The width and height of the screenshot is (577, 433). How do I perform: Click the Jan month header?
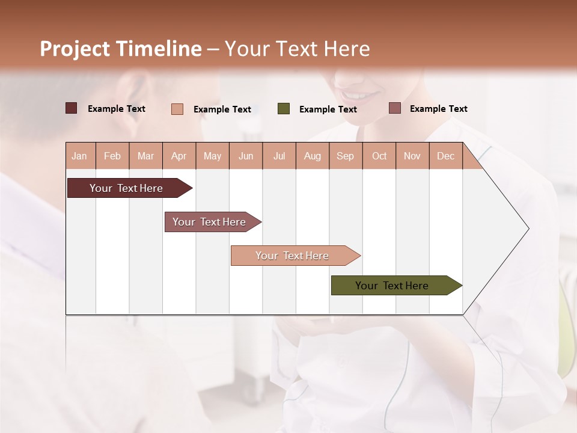click(80, 156)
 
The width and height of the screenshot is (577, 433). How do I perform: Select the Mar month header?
click(145, 156)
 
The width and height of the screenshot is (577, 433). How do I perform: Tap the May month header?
click(212, 156)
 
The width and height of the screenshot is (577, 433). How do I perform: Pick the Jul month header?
click(279, 156)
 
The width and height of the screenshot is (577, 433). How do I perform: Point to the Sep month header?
click(345, 156)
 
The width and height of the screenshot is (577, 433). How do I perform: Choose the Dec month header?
click(445, 156)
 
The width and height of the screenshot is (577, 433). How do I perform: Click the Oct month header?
click(379, 156)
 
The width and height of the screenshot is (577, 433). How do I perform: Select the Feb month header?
click(112, 156)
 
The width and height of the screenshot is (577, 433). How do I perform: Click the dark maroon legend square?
click(71, 108)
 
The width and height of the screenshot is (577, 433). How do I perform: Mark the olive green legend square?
click(284, 109)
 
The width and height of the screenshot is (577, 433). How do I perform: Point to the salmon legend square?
click(177, 109)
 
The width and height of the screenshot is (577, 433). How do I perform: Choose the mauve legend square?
click(394, 108)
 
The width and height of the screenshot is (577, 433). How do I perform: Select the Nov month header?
click(412, 156)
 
